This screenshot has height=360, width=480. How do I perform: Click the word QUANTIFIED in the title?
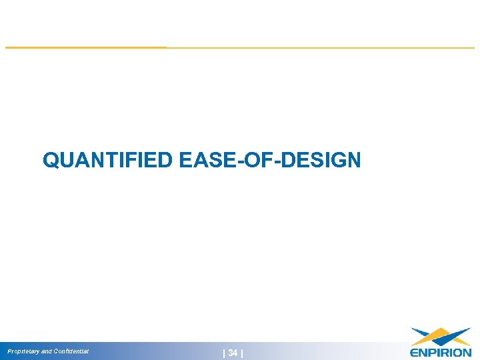tap(107, 160)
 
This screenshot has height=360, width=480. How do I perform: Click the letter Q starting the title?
tap(50, 160)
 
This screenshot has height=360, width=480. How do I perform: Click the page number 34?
tap(233, 353)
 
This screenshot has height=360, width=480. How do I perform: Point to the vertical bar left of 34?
tap(224, 353)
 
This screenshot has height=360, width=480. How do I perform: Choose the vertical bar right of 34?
tap(241, 353)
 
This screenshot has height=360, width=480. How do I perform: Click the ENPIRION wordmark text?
tap(440, 352)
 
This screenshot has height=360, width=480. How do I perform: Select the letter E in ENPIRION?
tap(414, 352)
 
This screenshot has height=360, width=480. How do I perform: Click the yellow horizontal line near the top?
tap(240, 47)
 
